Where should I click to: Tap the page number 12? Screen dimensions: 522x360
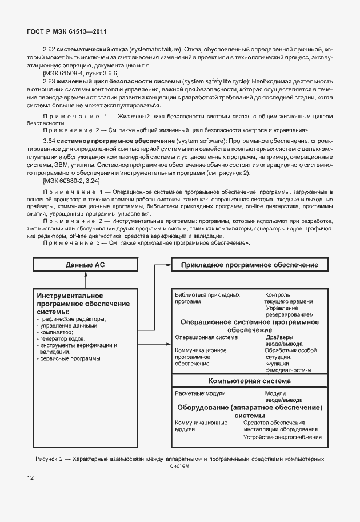coord(29,477)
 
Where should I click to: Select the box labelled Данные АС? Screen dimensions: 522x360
coord(86,265)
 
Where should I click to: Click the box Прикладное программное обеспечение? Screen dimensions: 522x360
coord(250,265)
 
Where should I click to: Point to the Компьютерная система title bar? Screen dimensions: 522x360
coord(250,381)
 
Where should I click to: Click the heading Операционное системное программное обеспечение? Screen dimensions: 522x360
coord(250,326)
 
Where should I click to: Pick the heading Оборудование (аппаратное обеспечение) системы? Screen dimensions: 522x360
coord(250,411)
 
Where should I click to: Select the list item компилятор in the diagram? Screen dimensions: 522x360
coord(55,332)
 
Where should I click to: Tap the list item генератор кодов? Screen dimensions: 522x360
coord(62,339)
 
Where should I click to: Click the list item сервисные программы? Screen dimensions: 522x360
coord(69,359)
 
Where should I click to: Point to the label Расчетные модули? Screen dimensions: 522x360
coord(200,393)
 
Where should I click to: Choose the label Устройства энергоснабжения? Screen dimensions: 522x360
coord(282,437)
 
